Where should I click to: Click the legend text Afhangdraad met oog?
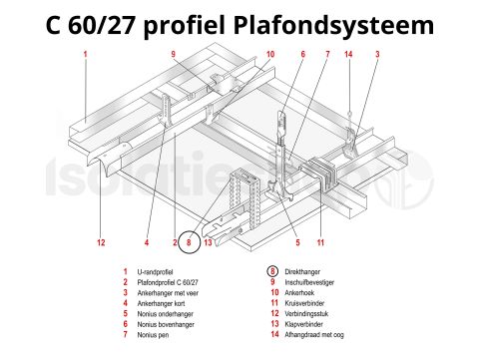[x=325, y=334]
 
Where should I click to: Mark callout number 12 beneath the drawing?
[x=101, y=242]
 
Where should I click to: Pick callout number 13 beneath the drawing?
[x=207, y=242]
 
